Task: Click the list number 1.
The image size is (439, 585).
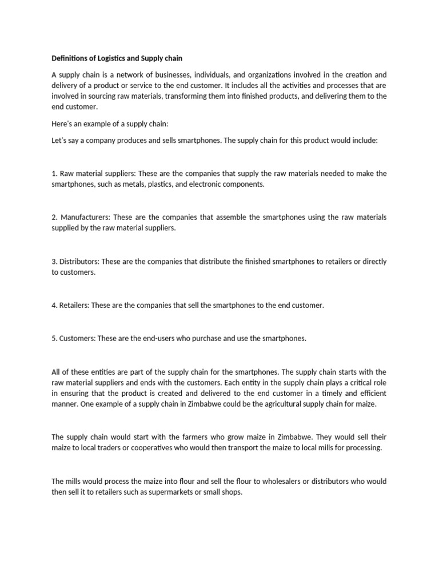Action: (x=54, y=173)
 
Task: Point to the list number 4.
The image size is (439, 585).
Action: (x=54, y=305)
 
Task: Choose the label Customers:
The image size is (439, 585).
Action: (x=76, y=338)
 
